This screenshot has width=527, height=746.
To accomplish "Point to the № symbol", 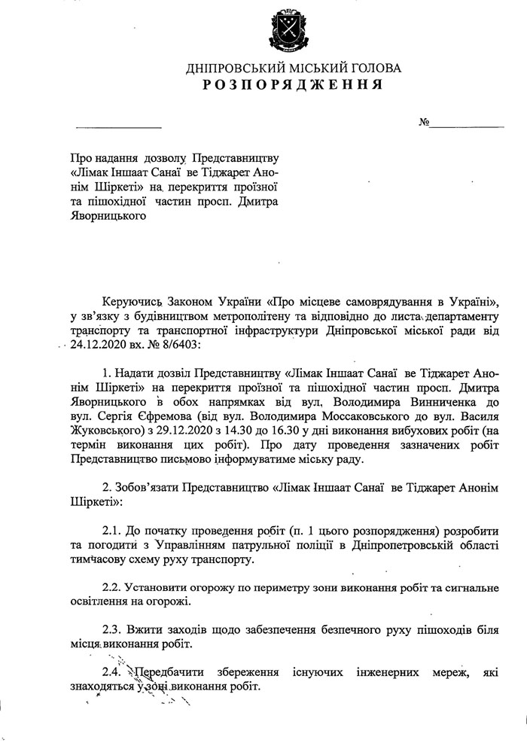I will tap(424, 122).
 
